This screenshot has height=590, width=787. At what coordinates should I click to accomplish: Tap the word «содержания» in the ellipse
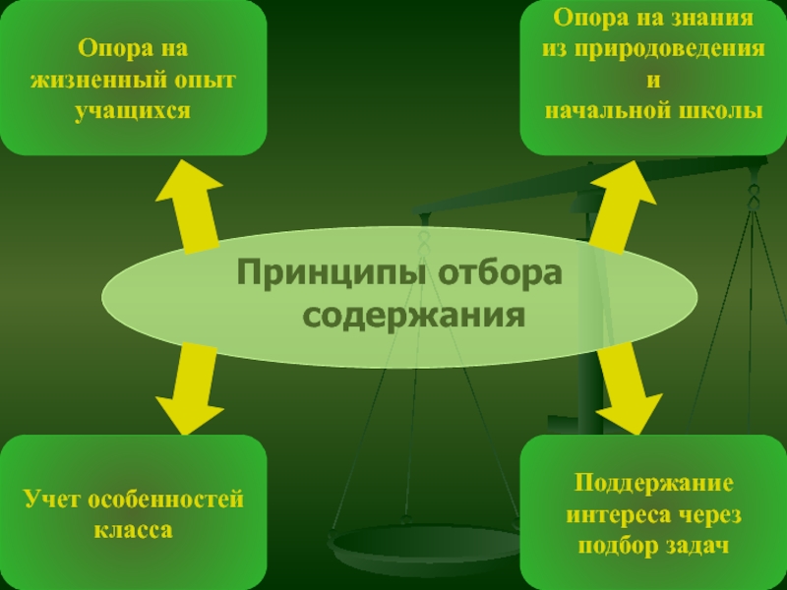412,316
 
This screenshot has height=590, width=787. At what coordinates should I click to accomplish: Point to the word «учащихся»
132,110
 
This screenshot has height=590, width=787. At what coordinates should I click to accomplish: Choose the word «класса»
133,530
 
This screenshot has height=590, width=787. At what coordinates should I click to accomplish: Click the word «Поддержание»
654,484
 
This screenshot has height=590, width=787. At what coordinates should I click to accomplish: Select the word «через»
708,514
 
